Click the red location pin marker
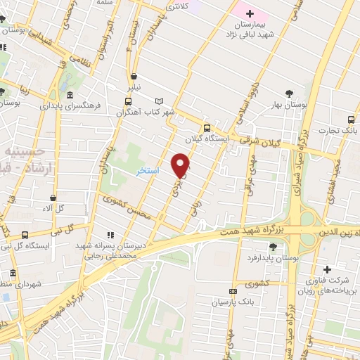click(181, 165)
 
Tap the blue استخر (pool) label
click(148, 172)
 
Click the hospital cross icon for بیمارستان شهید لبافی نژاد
click(250, 13)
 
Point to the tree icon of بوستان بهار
click(289, 94)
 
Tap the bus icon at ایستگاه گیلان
click(207, 128)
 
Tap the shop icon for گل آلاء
click(53, 198)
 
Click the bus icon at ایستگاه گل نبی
click(26, 235)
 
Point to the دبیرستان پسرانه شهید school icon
click(109, 235)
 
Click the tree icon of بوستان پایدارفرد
click(273, 246)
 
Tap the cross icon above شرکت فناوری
click(327, 269)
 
